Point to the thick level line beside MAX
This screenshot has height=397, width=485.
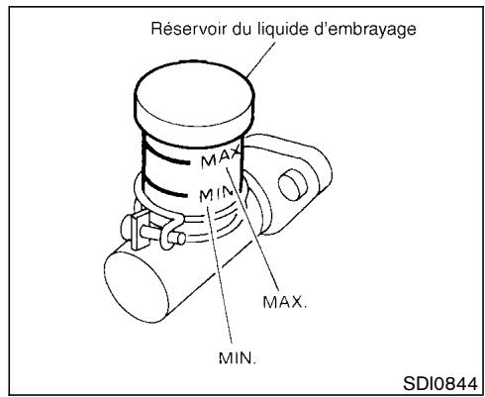tap(170, 154)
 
